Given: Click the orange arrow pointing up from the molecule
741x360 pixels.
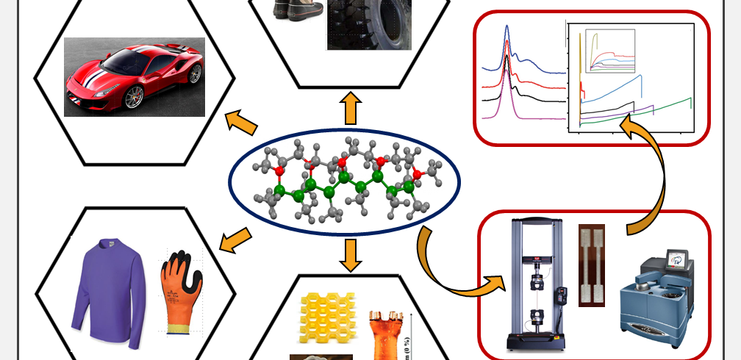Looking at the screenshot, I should pyautogui.click(x=350, y=108).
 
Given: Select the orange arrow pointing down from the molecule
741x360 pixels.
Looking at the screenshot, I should pyautogui.click(x=350, y=253).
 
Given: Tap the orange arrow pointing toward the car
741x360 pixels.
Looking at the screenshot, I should pyautogui.click(x=237, y=120).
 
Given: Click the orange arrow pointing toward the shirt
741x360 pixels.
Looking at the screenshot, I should pyautogui.click(x=235, y=238).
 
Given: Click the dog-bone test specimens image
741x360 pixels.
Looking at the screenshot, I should pyautogui.click(x=592, y=265).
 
